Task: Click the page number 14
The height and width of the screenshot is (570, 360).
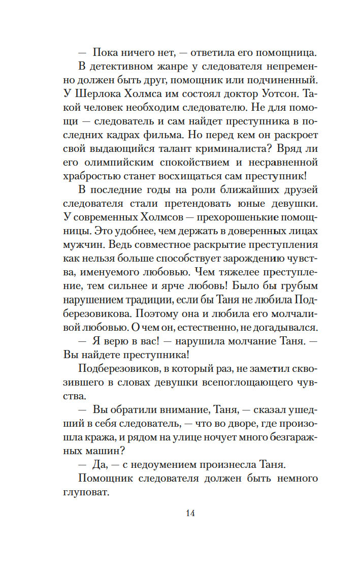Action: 190,513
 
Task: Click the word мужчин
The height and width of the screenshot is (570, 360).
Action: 81,245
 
